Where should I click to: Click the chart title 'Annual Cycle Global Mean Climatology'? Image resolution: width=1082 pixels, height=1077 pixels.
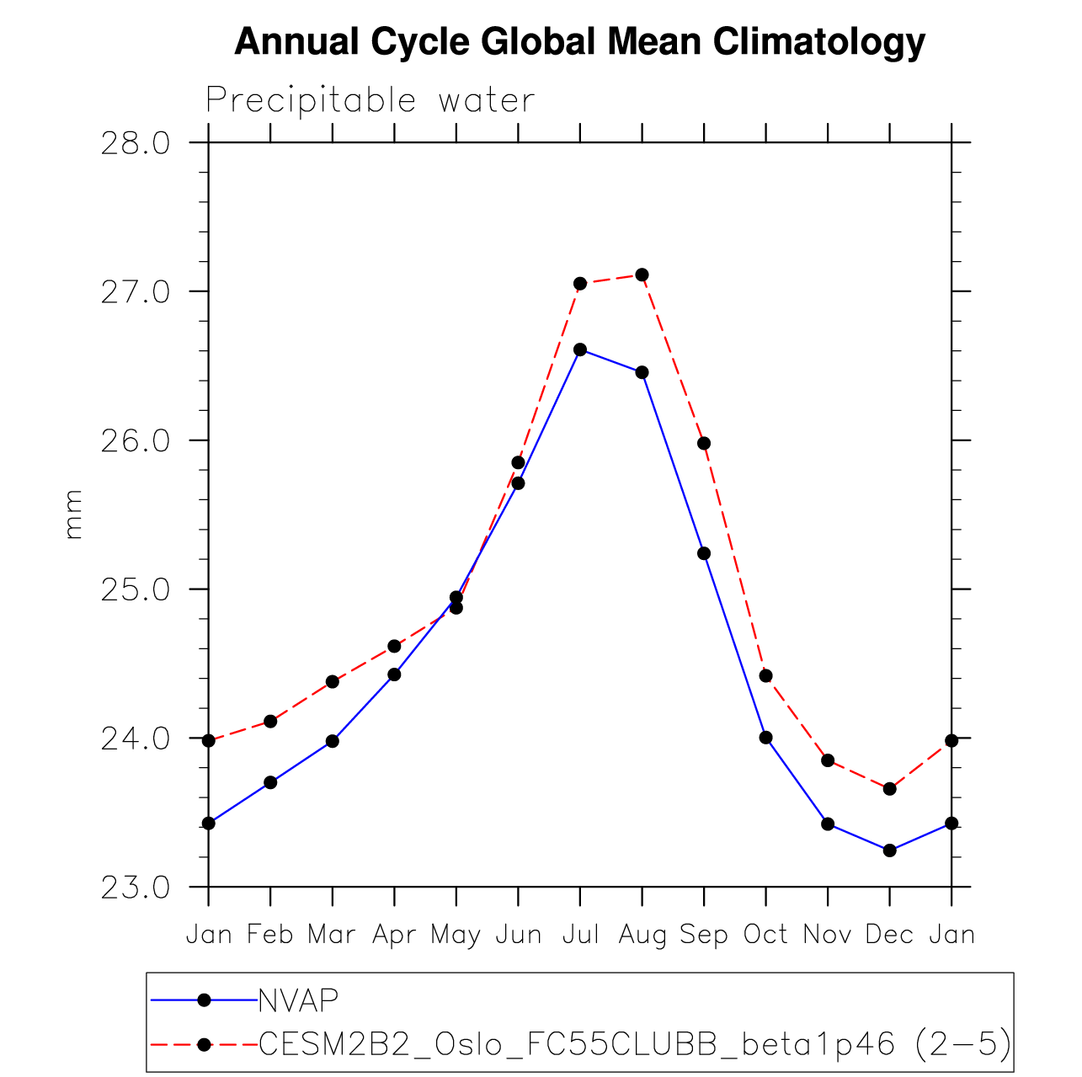(579, 41)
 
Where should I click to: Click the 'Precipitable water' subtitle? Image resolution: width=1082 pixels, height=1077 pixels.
(370, 100)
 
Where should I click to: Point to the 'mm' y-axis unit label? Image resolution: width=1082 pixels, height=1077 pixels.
(73, 514)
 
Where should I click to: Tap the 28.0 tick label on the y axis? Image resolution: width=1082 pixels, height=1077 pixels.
(135, 143)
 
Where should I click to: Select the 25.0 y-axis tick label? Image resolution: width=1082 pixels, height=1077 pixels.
(135, 589)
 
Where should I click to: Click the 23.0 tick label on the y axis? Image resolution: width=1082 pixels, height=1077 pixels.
(135, 888)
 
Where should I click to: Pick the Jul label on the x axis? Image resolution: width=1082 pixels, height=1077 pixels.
(580, 934)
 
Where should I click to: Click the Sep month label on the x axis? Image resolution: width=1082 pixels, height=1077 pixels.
(704, 934)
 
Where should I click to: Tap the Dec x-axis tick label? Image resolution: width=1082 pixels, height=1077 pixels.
(889, 934)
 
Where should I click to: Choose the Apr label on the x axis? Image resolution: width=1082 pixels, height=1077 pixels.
(394, 934)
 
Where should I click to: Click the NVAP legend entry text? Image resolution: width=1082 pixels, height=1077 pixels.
(298, 1000)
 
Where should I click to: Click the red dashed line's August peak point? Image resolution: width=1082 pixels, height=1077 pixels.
(642, 275)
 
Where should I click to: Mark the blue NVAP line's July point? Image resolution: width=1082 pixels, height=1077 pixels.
(580, 349)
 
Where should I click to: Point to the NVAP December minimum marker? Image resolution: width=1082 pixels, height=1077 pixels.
(889, 850)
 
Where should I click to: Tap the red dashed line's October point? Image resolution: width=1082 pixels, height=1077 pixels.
(765, 675)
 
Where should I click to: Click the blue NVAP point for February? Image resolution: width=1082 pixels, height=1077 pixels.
(270, 782)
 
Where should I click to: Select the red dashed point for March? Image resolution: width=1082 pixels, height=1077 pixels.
(333, 681)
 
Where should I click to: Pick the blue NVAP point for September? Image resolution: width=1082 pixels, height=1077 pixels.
(704, 553)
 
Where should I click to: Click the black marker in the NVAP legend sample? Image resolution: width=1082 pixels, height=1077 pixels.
(203, 1000)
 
